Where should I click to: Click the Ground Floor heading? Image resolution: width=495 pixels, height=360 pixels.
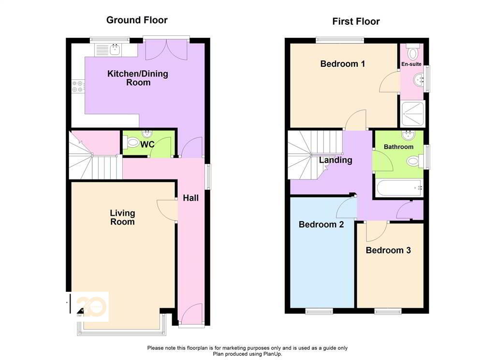(x=137, y=20)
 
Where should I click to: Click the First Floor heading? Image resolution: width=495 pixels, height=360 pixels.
(x=356, y=21)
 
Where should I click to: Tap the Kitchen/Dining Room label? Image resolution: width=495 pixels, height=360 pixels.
(x=138, y=78)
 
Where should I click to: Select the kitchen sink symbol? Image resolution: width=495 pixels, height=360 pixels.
(x=115, y=49)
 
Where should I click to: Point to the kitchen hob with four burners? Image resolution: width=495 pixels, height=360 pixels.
(x=77, y=86)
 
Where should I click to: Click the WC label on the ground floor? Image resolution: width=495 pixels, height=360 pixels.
(x=147, y=144)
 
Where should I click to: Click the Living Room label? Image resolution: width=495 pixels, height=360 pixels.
(x=122, y=217)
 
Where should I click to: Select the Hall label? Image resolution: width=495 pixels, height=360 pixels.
(x=190, y=198)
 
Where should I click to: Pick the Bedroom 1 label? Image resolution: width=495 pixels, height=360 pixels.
(x=343, y=64)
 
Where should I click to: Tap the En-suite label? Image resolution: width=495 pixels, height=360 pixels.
(x=411, y=64)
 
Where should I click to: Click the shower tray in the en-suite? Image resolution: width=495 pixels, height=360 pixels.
(x=412, y=114)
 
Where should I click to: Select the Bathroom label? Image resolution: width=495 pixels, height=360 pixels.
(x=398, y=147)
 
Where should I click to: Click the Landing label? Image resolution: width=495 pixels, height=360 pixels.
(x=335, y=160)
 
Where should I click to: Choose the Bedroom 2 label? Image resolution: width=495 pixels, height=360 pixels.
(x=321, y=225)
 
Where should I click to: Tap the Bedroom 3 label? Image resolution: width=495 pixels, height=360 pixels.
(x=388, y=250)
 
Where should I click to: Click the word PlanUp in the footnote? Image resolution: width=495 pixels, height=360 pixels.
(x=272, y=354)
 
